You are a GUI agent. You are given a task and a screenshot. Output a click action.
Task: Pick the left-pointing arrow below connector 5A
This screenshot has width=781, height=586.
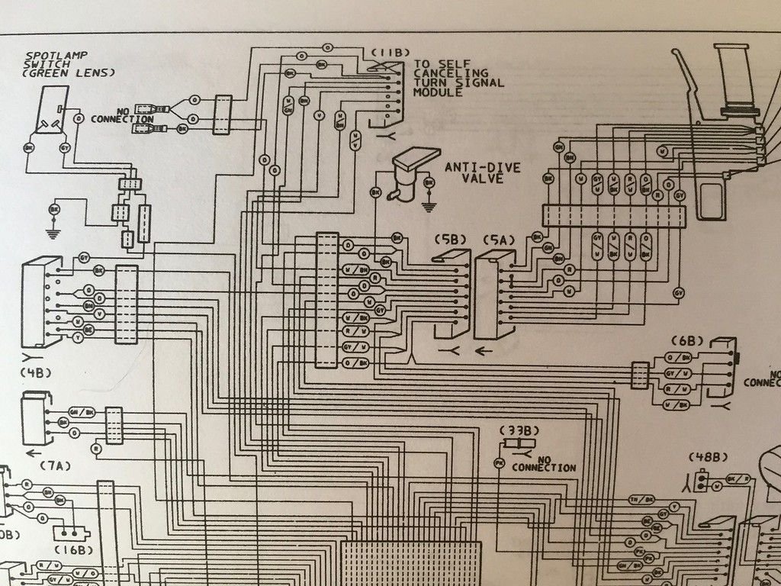point(484,351)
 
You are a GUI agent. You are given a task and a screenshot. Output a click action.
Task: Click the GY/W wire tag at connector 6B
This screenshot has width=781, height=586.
point(677,373)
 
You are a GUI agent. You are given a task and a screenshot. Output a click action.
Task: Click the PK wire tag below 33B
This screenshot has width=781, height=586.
point(499,463)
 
